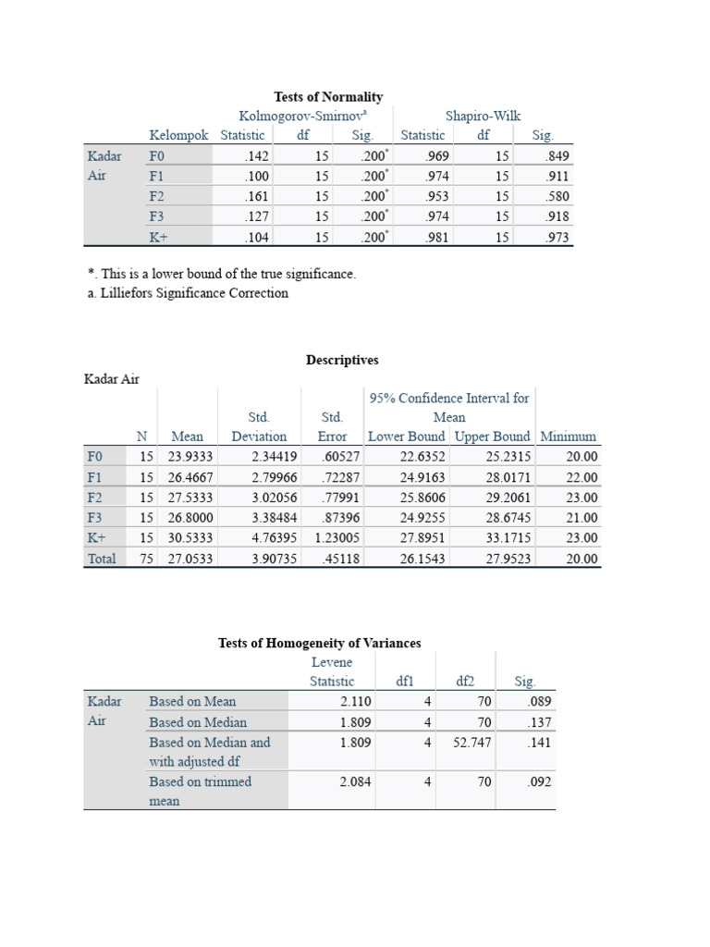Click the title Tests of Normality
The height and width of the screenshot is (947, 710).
click(328, 96)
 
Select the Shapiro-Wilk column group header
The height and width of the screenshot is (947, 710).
click(483, 116)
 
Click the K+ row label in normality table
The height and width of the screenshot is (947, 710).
click(159, 237)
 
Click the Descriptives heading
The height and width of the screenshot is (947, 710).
click(342, 360)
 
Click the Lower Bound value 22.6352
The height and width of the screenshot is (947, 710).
click(422, 456)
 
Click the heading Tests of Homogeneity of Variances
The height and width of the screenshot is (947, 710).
click(319, 643)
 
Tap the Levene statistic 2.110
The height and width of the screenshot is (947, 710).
click(355, 702)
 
